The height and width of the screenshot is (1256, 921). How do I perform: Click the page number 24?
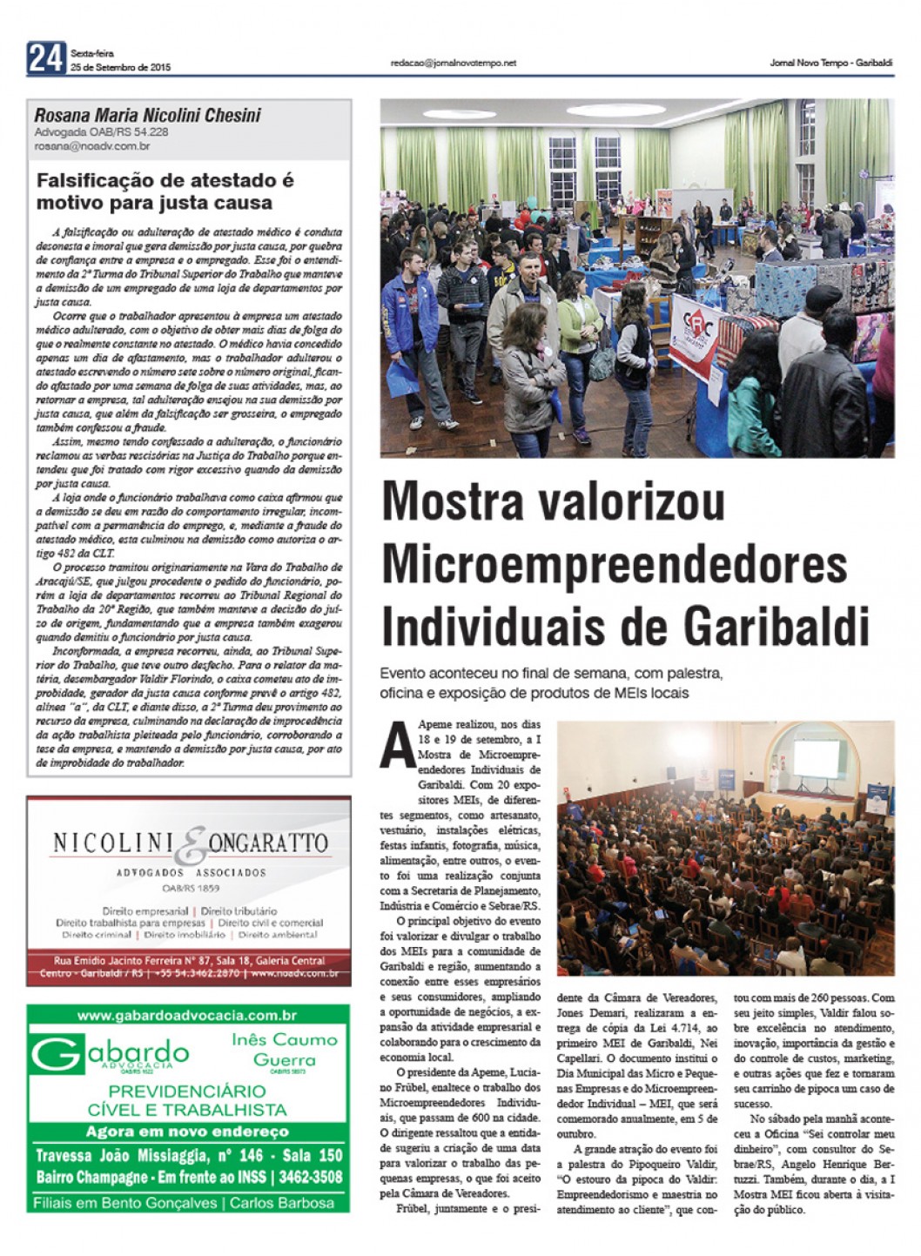point(45,58)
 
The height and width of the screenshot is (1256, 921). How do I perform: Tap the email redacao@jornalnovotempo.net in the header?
point(454,63)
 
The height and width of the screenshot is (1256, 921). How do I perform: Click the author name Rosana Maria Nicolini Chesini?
point(147,116)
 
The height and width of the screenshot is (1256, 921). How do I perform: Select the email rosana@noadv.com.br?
point(92,146)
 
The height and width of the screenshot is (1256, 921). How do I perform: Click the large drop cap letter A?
point(396,748)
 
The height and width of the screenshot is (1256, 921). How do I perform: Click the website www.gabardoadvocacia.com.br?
point(187,1015)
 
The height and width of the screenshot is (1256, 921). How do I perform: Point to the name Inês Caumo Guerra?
point(284,1049)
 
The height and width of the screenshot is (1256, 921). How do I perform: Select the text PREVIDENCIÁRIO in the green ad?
point(187,1091)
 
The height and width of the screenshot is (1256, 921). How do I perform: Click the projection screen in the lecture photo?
point(814,756)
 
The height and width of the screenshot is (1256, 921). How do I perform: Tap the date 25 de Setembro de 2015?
point(121,67)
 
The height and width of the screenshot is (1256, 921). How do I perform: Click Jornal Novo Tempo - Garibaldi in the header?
point(831,63)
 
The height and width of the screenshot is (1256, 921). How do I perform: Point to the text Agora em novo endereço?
point(187,1132)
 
